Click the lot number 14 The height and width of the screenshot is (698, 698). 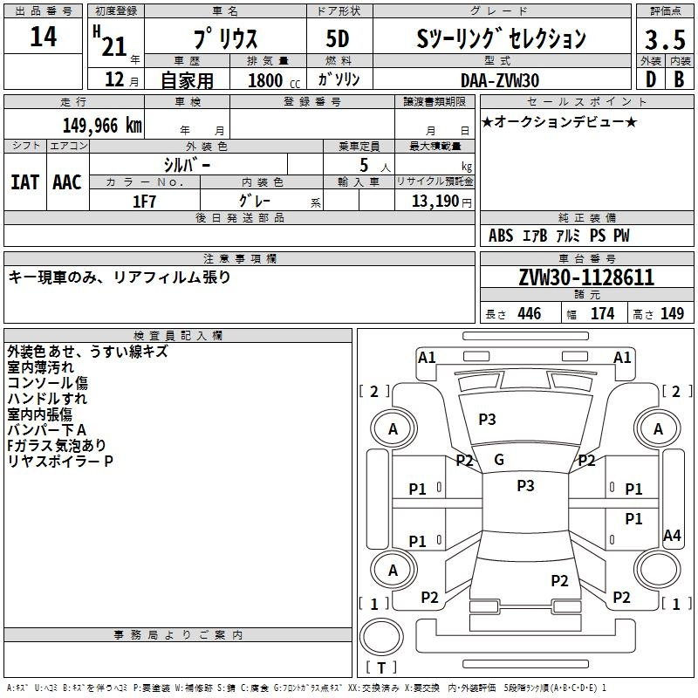coord(43,37)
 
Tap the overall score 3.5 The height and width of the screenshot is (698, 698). coord(665,39)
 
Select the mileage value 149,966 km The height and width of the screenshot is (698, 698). coord(102,126)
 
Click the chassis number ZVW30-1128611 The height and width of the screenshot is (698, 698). coord(586,277)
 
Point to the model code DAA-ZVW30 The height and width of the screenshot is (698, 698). coord(499,80)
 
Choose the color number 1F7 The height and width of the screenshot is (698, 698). coord(144,202)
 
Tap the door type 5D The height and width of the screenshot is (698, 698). coord(338,38)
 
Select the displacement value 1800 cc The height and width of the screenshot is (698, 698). coord(274,80)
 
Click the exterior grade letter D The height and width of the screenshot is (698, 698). coord(651,79)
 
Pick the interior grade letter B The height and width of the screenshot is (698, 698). coord(679,79)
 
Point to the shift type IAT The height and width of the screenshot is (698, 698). coord(25,182)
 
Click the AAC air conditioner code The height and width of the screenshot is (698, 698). coord(67,182)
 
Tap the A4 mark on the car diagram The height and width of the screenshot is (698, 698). coord(672,535)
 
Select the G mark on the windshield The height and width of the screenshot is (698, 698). coord(499,460)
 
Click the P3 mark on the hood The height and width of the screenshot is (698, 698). coord(487,419)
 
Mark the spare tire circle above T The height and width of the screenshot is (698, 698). coord(381,636)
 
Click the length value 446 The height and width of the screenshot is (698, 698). coord(530,313)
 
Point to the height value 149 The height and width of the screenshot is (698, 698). coord(672,313)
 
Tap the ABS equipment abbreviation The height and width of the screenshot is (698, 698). coord(501,236)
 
